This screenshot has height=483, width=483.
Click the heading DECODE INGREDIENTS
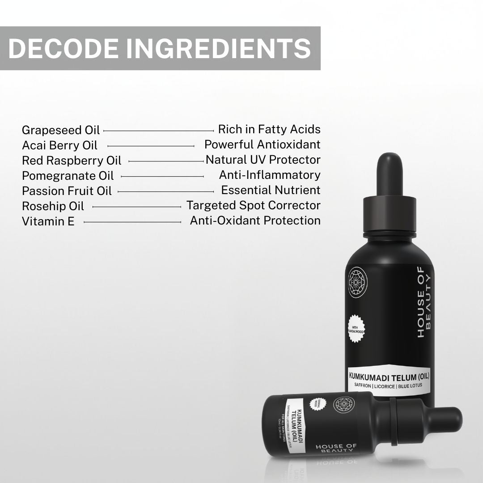[160, 48]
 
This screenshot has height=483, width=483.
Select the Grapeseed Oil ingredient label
[61, 130]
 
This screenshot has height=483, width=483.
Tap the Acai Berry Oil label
[59, 145]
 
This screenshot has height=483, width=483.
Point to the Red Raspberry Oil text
[72, 161]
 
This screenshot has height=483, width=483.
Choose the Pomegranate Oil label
[68, 176]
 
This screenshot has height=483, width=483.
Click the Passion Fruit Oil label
[67, 191]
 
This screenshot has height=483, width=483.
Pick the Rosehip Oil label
[53, 206]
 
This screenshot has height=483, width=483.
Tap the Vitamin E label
[48, 221]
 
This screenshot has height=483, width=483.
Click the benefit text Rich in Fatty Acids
[269, 129]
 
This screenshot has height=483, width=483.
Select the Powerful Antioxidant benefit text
[263, 144]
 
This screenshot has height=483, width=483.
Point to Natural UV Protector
[263, 160]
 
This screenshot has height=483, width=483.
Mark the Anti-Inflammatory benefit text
[270, 175]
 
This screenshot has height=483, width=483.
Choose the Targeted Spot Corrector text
[254, 205]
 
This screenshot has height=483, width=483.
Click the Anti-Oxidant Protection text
[255, 220]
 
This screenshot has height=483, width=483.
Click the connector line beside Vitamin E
[132, 221]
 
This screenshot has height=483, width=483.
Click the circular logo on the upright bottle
[357, 282]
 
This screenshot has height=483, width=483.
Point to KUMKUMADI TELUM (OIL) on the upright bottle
[389, 376]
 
